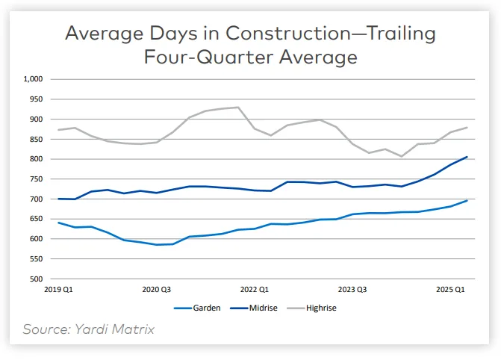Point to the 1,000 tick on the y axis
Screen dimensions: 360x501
(34, 79)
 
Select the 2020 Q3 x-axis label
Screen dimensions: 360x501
(157, 288)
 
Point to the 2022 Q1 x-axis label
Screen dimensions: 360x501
(255, 288)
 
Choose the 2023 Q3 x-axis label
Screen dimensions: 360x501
(352, 288)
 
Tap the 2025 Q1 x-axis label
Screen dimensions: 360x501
(450, 288)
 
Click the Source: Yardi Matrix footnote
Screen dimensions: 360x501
(88, 329)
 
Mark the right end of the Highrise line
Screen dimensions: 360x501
(467, 128)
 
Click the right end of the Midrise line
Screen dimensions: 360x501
(467, 157)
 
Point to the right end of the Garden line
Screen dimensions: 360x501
(467, 200)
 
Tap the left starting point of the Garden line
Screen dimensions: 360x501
(57, 223)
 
